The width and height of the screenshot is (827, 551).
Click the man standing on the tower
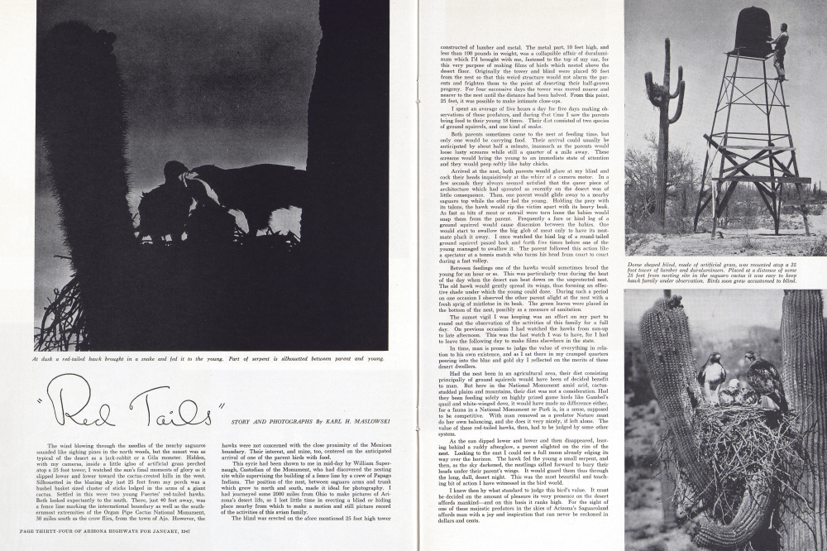(778, 50)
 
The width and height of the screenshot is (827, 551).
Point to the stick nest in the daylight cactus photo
(728, 438)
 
